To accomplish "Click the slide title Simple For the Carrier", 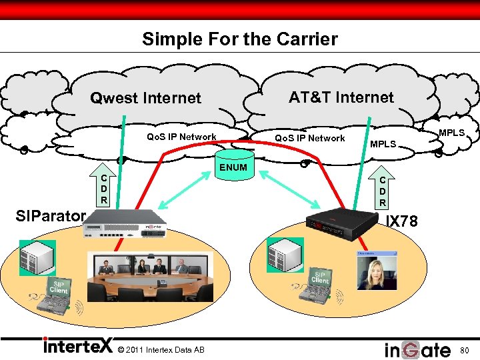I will (x=239, y=39).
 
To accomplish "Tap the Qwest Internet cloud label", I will (x=145, y=99).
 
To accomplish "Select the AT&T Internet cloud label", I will (x=341, y=97).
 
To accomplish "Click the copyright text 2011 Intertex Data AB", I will (x=160, y=350).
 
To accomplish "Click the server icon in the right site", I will (x=284, y=255).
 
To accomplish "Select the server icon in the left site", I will (x=37, y=257).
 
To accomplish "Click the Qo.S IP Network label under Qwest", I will (x=181, y=137).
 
